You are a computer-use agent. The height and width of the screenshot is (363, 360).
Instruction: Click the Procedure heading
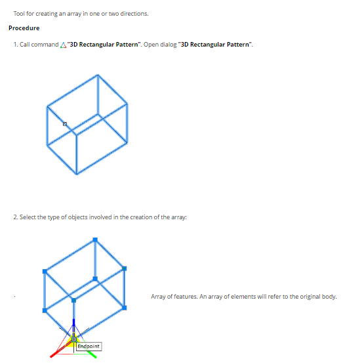coord(24,28)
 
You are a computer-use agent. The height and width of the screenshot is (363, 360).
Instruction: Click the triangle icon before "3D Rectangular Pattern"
coord(63,45)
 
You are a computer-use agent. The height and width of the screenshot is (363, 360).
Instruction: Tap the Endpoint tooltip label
coord(89,346)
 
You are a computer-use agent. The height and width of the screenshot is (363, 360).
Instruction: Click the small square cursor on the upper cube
coord(65,124)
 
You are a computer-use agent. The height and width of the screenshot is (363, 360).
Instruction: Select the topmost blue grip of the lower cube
coord(95,240)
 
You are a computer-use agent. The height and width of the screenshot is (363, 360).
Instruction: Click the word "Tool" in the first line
coord(19,14)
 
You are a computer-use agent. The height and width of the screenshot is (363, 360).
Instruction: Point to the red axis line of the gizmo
coord(60,350)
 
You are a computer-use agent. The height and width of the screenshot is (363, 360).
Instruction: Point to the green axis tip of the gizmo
coord(92,355)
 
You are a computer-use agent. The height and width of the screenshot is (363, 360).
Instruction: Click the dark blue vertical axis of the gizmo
coord(73,326)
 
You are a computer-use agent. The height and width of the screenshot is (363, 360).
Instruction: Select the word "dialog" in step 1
coord(169,45)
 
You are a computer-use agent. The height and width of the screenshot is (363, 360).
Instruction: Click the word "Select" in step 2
coord(28,217)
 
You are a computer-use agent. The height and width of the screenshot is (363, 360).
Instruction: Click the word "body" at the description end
coord(330,297)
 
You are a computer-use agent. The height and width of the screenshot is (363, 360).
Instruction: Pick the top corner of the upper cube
coord(98,75)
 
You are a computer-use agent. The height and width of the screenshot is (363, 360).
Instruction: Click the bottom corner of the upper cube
coord(77,174)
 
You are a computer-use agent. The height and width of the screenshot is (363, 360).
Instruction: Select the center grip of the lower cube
coord(95,279)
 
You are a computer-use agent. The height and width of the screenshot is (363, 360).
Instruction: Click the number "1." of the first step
coord(16,45)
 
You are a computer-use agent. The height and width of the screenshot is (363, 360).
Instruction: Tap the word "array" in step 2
coord(179,217)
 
